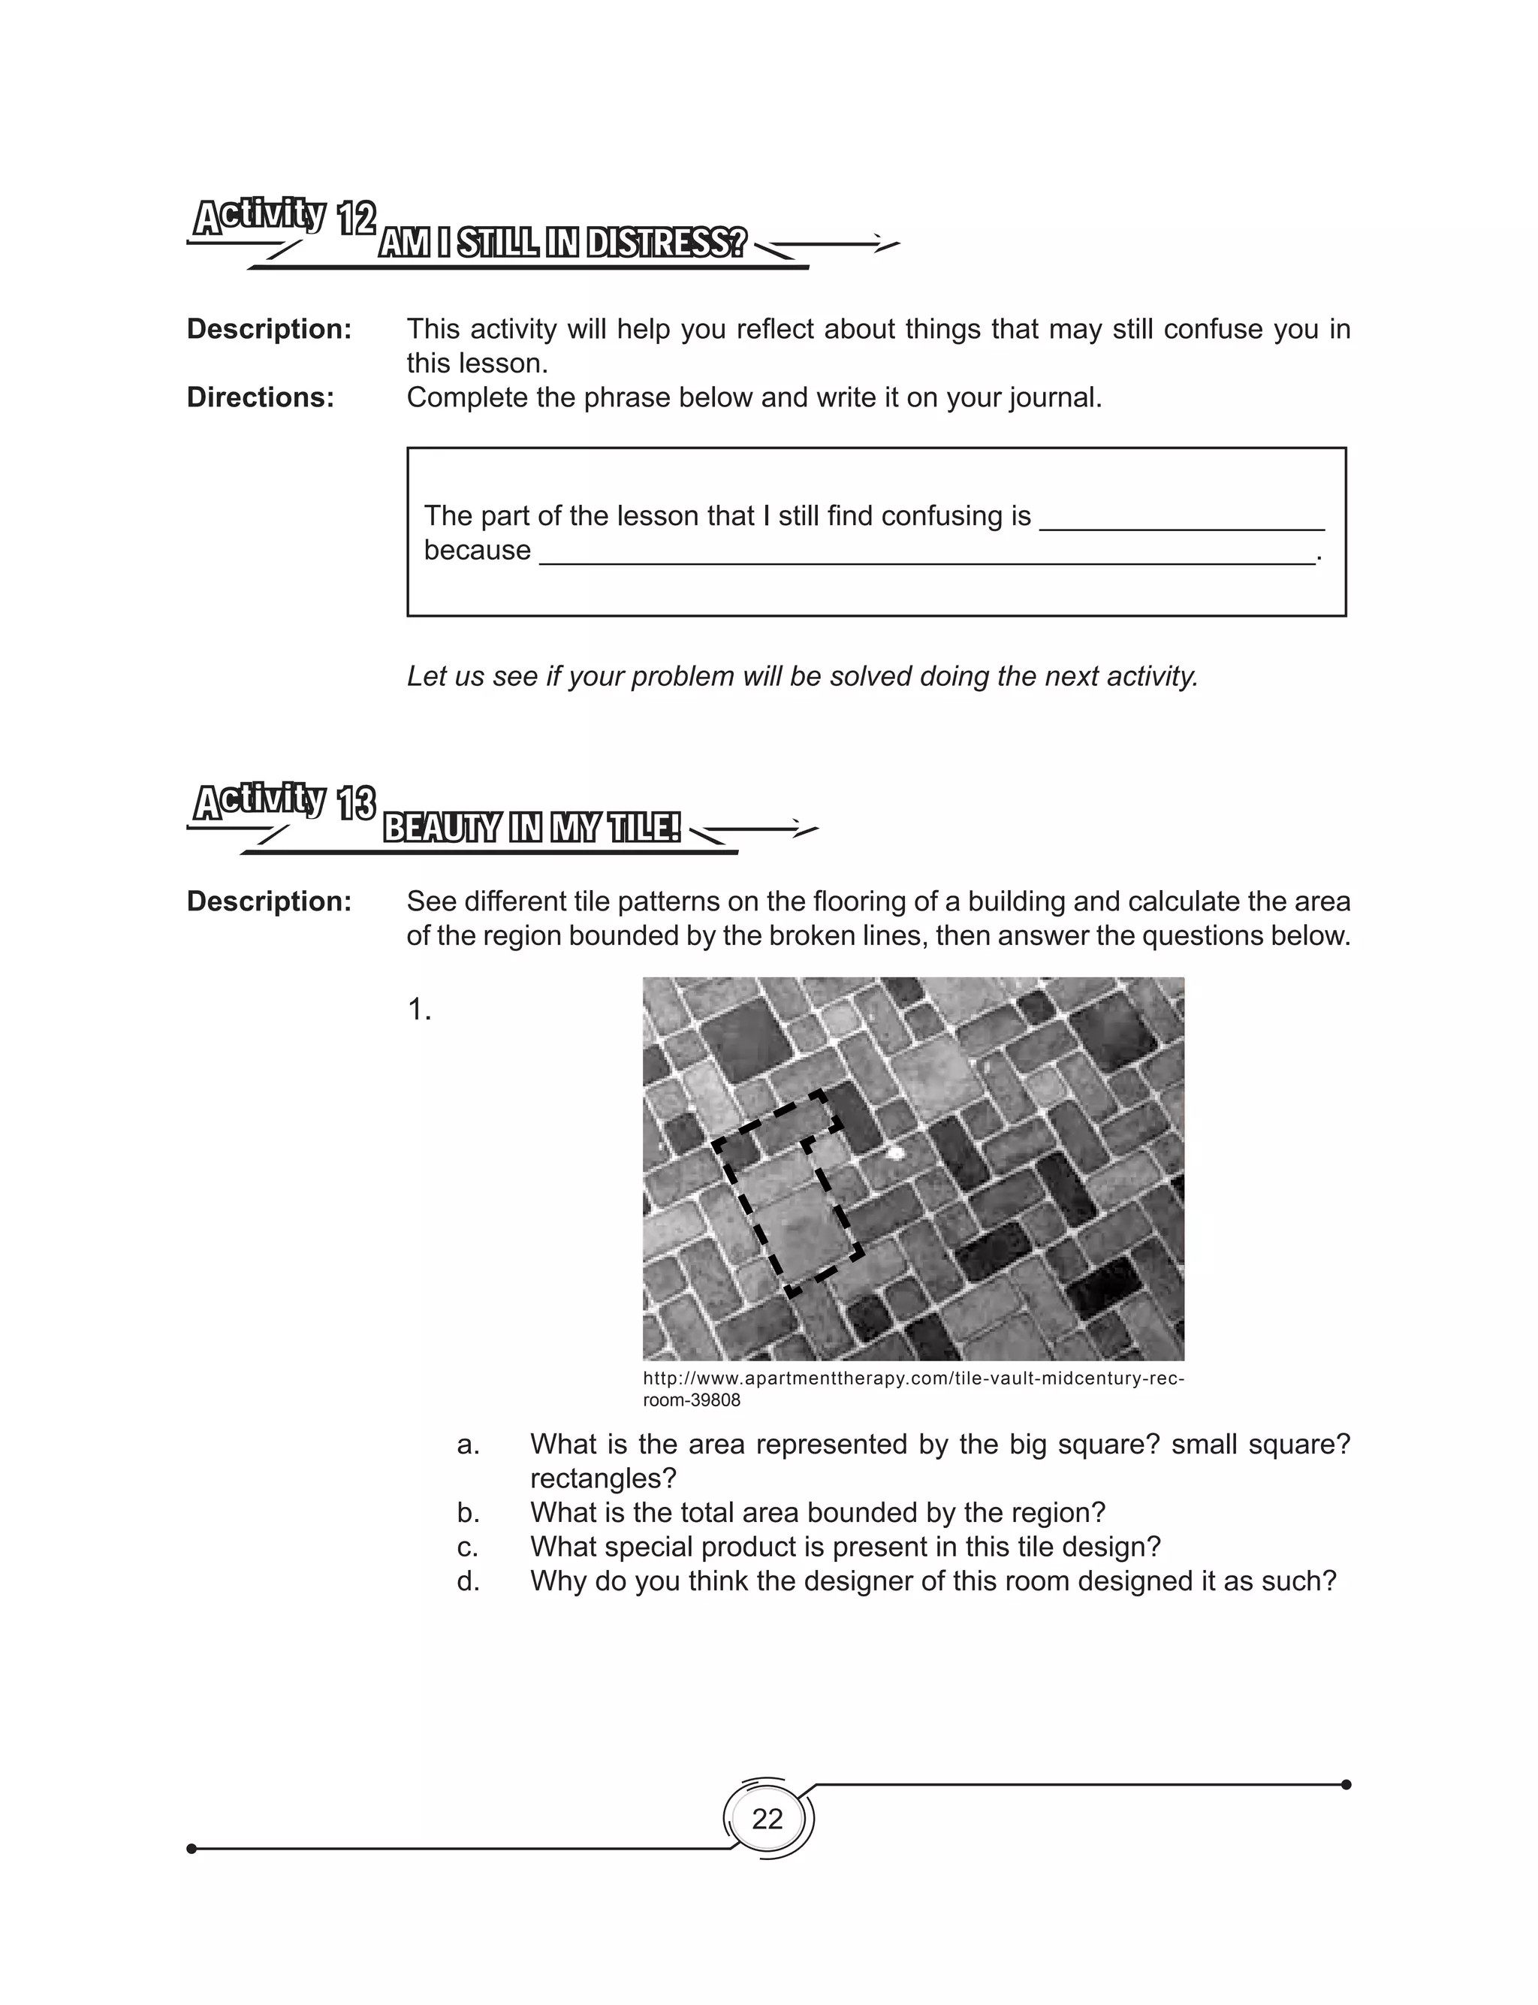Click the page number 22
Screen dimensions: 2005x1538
(767, 1818)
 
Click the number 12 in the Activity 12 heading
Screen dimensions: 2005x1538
(356, 219)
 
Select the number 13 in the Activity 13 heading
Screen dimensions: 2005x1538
(356, 805)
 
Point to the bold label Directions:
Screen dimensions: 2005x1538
(260, 397)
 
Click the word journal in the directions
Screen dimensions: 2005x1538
(1053, 397)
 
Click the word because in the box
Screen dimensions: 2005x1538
(477, 550)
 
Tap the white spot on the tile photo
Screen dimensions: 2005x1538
(896, 1152)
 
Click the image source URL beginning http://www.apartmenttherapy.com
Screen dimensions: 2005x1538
(912, 1378)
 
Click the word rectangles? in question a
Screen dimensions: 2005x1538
(602, 1478)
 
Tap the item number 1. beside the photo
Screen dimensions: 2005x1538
(418, 1010)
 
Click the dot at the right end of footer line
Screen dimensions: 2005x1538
(1346, 1784)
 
